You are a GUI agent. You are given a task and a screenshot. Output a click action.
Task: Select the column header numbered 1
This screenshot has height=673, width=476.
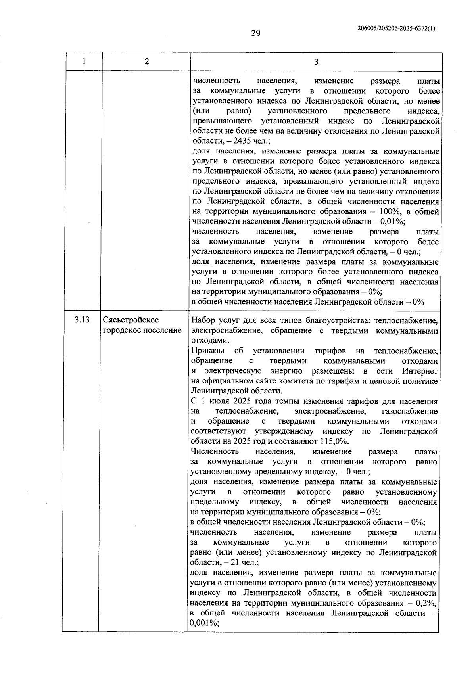(x=84, y=62)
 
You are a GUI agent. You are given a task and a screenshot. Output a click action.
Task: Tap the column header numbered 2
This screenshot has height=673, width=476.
(x=147, y=62)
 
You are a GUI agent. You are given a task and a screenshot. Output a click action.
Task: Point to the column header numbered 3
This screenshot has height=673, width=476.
(x=316, y=62)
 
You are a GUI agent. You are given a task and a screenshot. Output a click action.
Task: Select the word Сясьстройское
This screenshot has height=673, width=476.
(x=131, y=320)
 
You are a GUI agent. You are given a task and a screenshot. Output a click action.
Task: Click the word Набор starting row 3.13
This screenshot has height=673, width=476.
(x=204, y=320)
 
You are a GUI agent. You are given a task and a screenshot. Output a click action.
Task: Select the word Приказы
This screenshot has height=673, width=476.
(x=207, y=351)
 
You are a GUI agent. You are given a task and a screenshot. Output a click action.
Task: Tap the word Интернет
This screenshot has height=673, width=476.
(x=420, y=371)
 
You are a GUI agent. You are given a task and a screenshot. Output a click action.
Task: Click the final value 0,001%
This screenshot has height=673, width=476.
(x=204, y=623)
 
